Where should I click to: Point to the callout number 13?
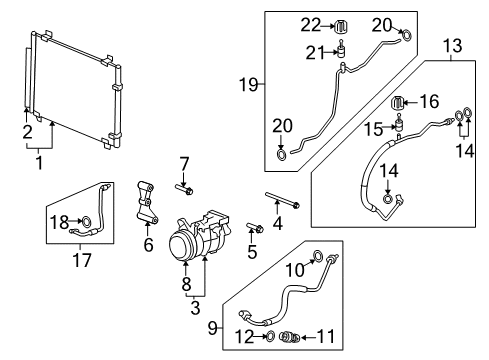pyautogui.click(x=453, y=45)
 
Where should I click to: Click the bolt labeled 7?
pyautogui.click(x=186, y=186)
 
